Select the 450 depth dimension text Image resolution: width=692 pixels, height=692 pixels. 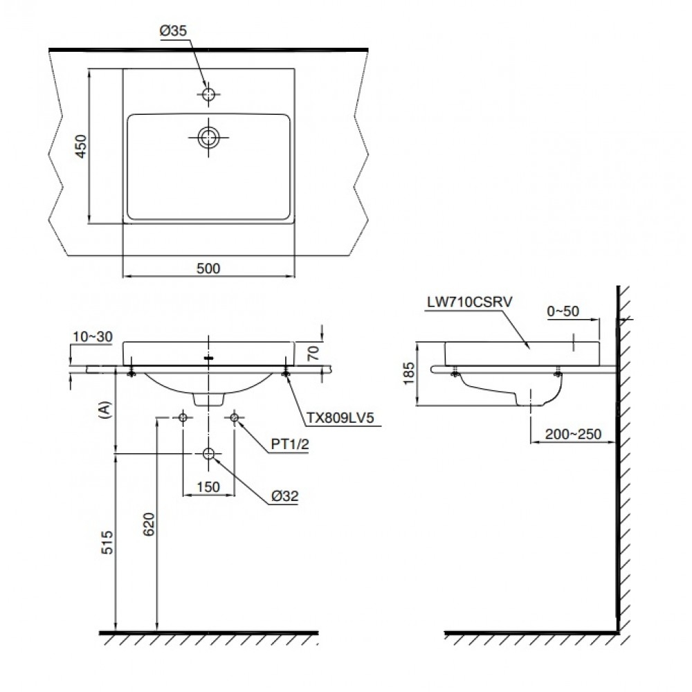coord(80,146)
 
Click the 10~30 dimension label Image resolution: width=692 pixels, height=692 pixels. coord(91,336)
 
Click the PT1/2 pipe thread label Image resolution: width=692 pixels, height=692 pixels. coord(289,444)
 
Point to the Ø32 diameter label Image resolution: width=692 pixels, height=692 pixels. coord(285,495)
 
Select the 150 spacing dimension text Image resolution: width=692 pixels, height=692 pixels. coord(208,486)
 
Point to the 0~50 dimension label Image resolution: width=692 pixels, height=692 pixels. coord(562,311)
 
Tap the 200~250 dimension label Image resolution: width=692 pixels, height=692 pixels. coord(572,434)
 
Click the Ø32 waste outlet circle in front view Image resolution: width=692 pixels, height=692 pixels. coord(208,453)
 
